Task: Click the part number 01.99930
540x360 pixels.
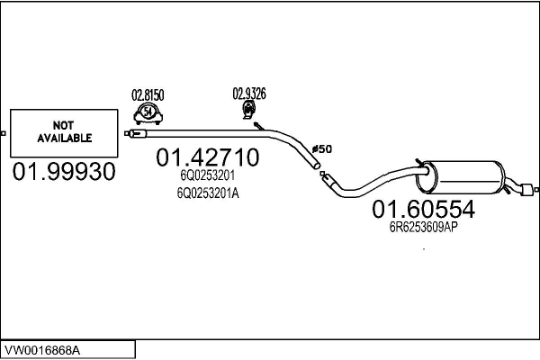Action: coord(64,172)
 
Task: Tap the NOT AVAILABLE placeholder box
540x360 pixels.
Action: coord(64,133)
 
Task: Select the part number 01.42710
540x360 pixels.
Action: coord(207,157)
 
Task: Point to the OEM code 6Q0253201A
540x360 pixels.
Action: coord(208,193)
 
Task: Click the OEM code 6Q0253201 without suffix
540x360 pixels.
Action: coord(207,175)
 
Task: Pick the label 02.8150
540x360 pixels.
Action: coord(148,95)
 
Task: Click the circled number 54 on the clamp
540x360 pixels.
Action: coord(148,112)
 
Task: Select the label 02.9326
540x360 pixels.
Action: coord(249,94)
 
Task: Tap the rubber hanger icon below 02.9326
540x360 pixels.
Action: coord(248,110)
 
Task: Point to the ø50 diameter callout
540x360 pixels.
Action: coord(321,149)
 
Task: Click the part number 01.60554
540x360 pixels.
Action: coord(424,209)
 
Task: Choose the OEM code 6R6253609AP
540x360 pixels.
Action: coord(424,227)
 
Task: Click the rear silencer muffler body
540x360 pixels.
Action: coord(461,177)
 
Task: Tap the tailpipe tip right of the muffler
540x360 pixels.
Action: coord(526,190)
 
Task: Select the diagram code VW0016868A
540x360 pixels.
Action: coord(42,350)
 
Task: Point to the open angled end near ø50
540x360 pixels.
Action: coord(317,166)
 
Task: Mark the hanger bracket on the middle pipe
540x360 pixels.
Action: coord(259,126)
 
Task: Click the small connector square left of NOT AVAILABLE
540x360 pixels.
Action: coord(3,133)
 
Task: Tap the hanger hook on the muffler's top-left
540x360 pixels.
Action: coord(420,163)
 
